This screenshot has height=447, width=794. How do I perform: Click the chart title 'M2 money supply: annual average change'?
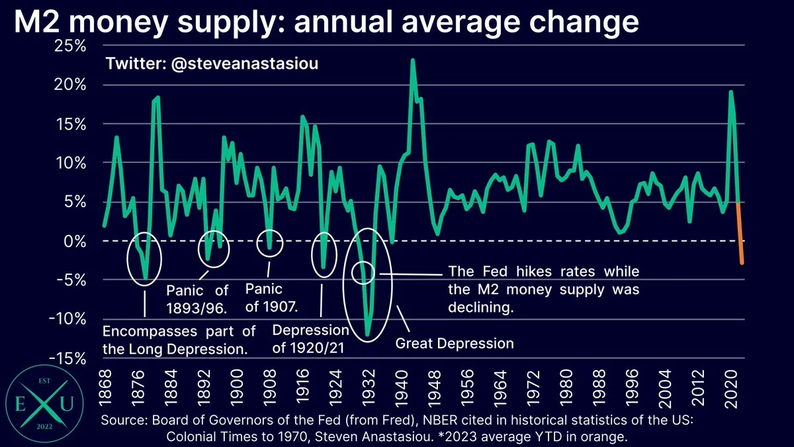click(326, 23)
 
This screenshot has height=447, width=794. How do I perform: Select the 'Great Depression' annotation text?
click(454, 343)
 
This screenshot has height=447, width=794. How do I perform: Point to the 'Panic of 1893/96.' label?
click(197, 298)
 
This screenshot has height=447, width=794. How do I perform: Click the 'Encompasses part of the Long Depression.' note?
click(179, 339)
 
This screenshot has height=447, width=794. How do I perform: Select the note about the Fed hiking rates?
click(543, 289)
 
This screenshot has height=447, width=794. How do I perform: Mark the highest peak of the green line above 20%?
click(413, 60)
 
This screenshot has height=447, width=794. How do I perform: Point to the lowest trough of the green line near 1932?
click(367, 334)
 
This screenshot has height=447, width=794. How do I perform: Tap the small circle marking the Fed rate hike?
click(363, 272)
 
